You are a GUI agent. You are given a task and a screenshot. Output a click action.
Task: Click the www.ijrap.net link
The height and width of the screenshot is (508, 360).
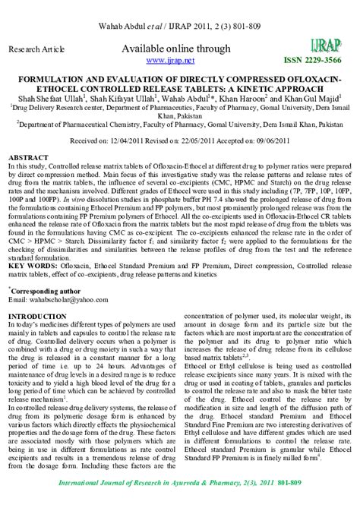pos(170,60)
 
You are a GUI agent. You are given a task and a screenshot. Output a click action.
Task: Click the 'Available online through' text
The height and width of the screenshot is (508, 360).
pos(170,49)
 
